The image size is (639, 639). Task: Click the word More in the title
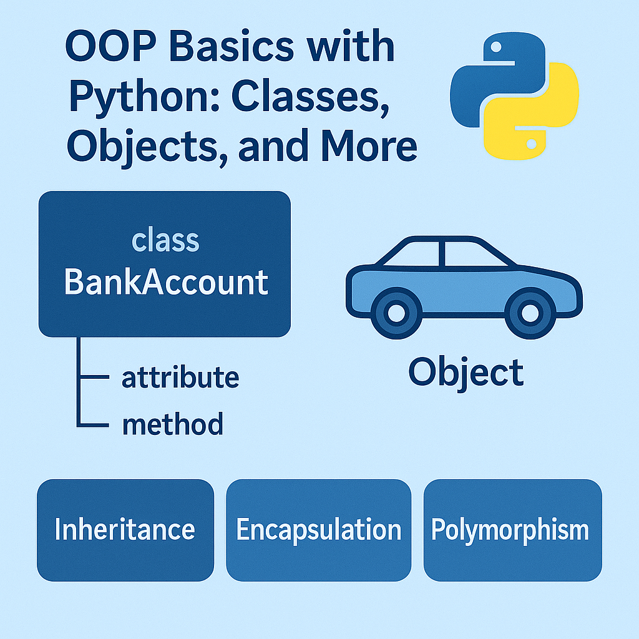(369, 146)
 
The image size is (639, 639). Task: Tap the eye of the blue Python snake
(496, 47)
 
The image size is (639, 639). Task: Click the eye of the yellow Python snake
(531, 144)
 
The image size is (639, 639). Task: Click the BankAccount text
(166, 282)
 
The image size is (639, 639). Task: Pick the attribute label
(180, 378)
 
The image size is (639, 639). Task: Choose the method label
(173, 424)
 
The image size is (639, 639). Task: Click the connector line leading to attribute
(94, 377)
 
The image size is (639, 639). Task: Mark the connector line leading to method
(94, 425)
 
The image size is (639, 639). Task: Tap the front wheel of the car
(530, 313)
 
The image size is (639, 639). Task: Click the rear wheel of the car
(396, 313)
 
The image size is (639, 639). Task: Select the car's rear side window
(412, 254)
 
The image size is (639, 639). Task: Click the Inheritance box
(125, 530)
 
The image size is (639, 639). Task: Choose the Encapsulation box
(319, 530)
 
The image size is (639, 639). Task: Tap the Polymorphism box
(513, 530)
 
